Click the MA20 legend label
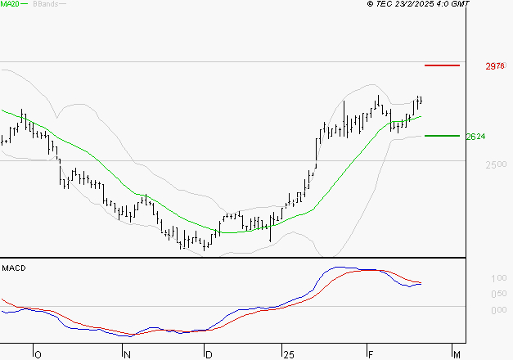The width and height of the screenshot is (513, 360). point(11,5)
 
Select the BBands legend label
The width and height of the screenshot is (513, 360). point(45,5)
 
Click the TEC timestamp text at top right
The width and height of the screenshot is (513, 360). point(418,5)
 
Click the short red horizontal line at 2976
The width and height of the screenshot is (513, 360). point(442,65)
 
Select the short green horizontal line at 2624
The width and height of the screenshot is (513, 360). point(442,136)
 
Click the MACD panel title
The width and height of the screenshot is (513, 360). point(14,268)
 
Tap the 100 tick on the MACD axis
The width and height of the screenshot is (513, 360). point(475,279)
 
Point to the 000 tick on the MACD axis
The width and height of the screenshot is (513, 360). point(475,310)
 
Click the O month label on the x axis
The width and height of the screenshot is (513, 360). point(37,354)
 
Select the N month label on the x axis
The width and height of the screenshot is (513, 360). point(127,354)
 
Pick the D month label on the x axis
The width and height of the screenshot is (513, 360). point(209,354)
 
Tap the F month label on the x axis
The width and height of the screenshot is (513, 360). point(369,354)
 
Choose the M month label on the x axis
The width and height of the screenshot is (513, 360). point(457,354)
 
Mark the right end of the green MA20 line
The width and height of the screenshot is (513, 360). point(421,116)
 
